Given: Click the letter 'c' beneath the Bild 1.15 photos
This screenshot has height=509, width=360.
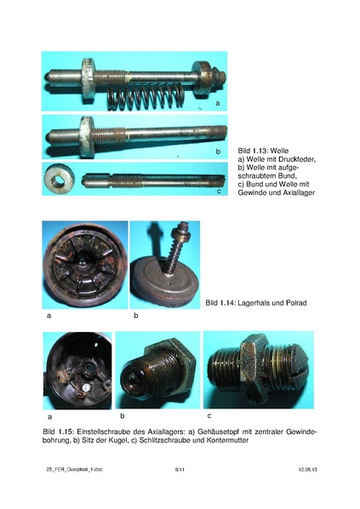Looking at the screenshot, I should pos(209,415).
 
